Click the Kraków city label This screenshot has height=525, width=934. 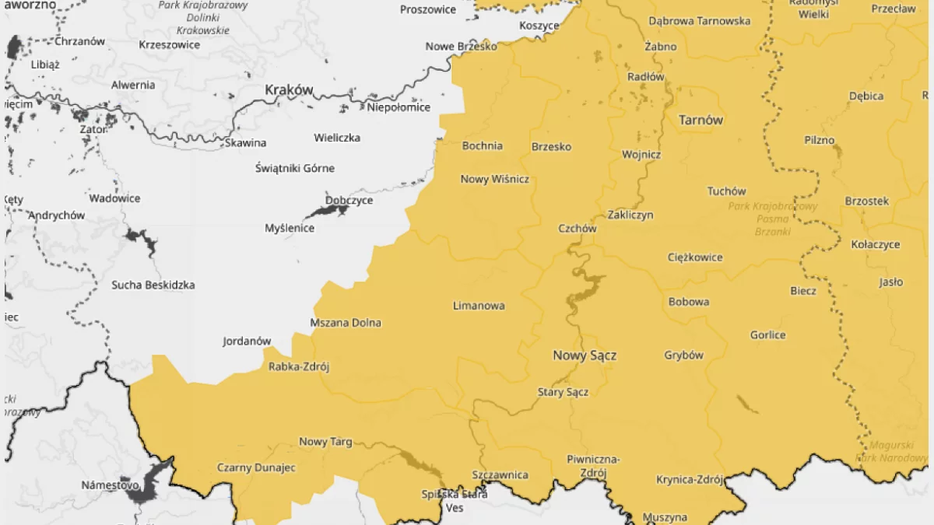289,90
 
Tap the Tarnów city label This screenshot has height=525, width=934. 700,120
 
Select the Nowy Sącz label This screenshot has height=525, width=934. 585,355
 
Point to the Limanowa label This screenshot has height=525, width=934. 479,306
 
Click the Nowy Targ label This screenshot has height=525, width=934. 325,442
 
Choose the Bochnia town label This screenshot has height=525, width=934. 483,145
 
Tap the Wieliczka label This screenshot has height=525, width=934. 337,138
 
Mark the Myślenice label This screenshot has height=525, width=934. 290,228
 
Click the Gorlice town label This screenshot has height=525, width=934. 767,335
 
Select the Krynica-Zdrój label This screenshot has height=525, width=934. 690,479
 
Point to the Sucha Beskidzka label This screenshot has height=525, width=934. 153,285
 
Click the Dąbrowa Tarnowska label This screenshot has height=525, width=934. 699,21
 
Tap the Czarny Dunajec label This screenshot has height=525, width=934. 256,467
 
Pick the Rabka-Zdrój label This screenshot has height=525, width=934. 299,367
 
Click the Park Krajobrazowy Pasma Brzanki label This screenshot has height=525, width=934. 773,219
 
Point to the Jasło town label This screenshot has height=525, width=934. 890,282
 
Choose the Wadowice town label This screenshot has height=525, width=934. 114,198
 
